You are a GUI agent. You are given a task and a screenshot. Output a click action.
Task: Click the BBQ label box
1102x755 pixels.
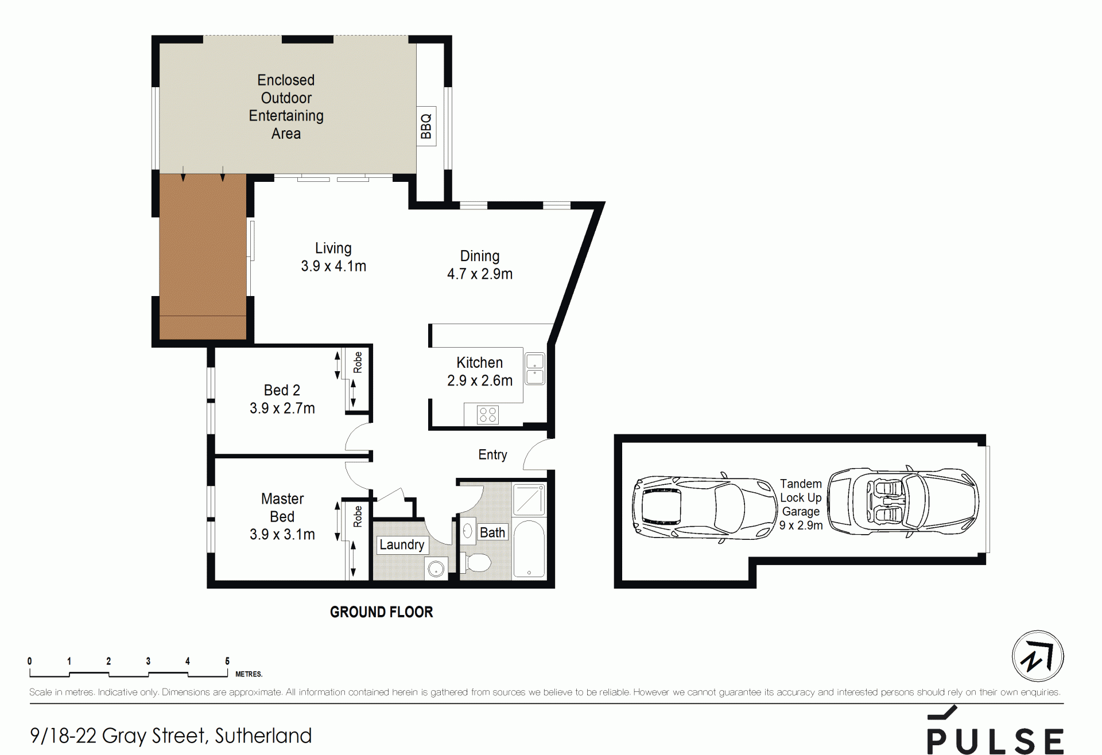coord(426,126)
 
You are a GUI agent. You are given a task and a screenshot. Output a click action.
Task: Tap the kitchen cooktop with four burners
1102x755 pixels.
coord(488,415)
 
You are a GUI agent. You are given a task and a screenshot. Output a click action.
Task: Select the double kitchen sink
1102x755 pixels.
coord(535,368)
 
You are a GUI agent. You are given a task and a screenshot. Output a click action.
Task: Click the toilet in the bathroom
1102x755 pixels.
coord(476,563)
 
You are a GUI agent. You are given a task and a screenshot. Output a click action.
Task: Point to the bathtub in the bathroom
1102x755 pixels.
coord(529,549)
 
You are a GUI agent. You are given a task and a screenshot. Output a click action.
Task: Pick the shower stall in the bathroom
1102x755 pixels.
coord(529,499)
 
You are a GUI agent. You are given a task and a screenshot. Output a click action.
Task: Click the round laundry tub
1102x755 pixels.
coord(437,569)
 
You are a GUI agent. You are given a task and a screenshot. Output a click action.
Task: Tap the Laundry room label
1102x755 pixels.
coord(402,544)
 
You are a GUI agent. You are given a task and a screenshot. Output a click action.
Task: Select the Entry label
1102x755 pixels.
coord(492,455)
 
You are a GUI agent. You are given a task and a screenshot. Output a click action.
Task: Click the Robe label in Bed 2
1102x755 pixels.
coord(358,363)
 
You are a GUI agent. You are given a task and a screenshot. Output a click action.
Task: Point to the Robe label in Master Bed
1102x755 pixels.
coord(358,516)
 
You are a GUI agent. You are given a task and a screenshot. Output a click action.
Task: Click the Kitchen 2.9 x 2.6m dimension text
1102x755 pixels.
coord(480,380)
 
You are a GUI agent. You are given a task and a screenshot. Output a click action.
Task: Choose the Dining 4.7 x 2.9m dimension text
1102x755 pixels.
coord(480,274)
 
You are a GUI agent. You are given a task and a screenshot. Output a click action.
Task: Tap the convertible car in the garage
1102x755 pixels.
coord(903,501)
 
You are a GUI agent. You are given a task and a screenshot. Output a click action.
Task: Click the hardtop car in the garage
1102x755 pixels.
coord(705,508)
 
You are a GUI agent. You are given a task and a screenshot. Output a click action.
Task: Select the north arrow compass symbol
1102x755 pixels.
coord(1038,656)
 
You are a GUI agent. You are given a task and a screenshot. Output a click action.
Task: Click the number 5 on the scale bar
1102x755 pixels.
coord(227,661)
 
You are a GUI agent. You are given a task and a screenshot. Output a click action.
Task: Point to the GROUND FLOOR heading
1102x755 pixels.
coord(381,612)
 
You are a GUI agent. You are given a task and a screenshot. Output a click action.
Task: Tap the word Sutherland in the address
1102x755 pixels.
coord(263,735)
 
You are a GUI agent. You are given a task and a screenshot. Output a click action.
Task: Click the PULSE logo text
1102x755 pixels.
coord(996,741)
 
